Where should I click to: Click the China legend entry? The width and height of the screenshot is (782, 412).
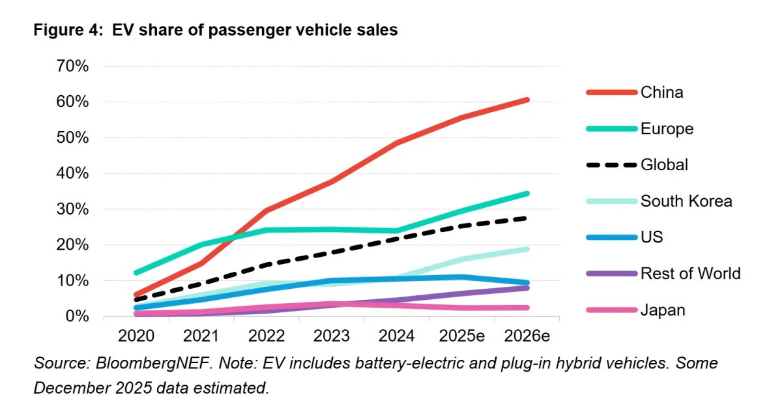(661, 93)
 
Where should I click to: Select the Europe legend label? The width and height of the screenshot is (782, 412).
(667, 129)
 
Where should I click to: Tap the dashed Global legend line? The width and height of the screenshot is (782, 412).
(611, 165)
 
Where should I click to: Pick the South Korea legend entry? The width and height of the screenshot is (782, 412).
(686, 201)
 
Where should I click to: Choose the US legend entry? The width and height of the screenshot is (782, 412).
(652, 237)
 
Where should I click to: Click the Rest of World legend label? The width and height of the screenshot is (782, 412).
(690, 273)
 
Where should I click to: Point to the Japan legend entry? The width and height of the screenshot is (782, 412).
(663, 310)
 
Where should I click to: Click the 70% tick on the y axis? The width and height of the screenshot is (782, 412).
(72, 66)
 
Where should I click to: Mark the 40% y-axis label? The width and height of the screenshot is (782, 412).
(72, 173)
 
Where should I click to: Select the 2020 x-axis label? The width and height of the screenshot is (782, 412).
(137, 336)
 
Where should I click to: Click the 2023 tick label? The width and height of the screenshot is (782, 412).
(332, 336)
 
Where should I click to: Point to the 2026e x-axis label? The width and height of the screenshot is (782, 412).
(527, 336)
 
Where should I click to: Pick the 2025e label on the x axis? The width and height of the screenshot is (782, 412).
(462, 336)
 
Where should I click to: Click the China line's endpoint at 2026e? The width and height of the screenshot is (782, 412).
(527, 100)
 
